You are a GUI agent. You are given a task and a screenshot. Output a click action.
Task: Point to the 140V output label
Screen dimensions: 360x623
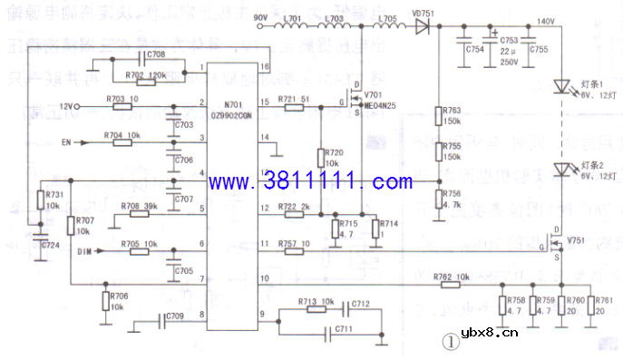point(546,21)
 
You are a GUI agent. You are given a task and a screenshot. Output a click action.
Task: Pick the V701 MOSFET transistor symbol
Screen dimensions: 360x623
point(359,101)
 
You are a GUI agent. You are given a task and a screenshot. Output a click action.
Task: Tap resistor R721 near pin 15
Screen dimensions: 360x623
point(293,107)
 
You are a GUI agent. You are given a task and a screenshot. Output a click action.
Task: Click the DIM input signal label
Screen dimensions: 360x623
point(85,250)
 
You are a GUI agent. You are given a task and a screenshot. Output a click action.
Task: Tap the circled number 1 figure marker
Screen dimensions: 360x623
point(448,342)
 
